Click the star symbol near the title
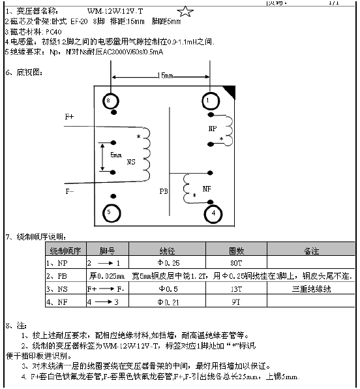pos(185,12)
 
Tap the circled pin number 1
pos(208,101)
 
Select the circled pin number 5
pos(111,212)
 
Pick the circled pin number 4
pos(213,212)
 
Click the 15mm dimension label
pos(166,76)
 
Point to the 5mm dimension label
pos(116,155)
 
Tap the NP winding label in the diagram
pos(213,129)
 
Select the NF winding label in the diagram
pos(207,189)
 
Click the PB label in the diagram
pos(164,193)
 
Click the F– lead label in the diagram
pos(70,191)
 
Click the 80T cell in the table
pos(235,262)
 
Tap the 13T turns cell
pos(235,288)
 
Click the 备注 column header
pos(311,250)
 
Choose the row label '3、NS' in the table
pos(58,288)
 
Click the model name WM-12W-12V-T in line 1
pos(115,12)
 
